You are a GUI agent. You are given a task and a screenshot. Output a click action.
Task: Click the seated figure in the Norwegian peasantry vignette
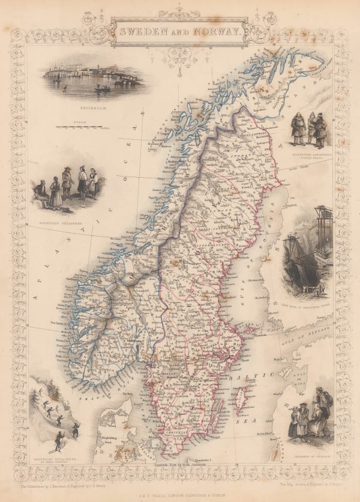(x=40, y=190)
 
